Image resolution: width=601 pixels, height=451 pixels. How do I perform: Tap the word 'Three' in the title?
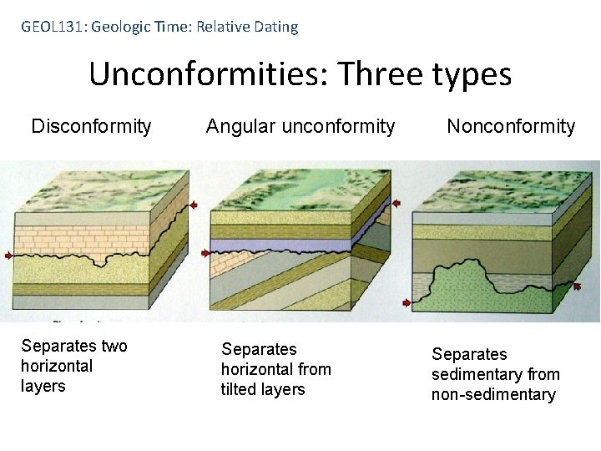(380, 75)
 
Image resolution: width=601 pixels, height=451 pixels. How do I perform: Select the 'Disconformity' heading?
(91, 127)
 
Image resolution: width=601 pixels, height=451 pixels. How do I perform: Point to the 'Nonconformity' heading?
(511, 127)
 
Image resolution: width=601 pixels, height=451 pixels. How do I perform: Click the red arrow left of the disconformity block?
(9, 256)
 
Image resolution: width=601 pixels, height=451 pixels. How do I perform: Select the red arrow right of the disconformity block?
(194, 205)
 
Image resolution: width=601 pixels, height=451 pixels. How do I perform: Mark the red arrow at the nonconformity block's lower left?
(407, 302)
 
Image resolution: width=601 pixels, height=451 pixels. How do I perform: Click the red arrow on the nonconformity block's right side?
(576, 286)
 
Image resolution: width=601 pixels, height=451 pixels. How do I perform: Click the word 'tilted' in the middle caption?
(242, 389)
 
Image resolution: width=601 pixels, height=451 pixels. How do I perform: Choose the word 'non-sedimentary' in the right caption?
(493, 394)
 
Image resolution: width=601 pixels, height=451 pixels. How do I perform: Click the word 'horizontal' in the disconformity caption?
(57, 367)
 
